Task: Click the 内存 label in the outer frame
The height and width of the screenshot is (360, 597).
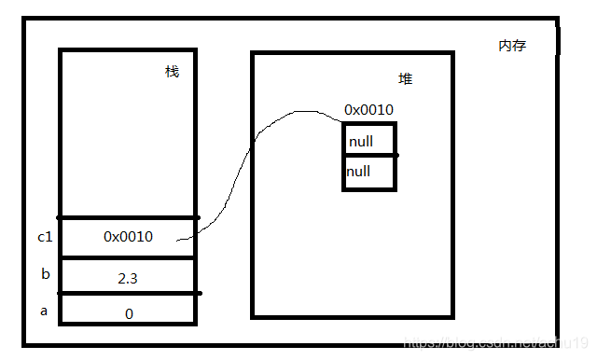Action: (x=512, y=45)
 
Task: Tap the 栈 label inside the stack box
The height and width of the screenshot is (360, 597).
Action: (x=172, y=72)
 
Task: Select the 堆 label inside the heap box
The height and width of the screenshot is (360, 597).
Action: (x=406, y=79)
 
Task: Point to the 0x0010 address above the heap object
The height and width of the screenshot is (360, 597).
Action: (x=368, y=110)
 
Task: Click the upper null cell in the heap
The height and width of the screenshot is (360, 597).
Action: (x=369, y=141)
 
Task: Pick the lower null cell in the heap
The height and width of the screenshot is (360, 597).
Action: (x=369, y=173)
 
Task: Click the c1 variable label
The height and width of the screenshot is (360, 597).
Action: (x=45, y=237)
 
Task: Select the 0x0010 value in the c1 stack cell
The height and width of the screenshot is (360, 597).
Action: (x=128, y=237)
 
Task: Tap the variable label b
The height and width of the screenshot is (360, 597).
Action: (x=44, y=273)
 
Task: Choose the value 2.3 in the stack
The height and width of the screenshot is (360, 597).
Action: (x=129, y=277)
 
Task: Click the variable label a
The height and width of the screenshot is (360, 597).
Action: (x=44, y=311)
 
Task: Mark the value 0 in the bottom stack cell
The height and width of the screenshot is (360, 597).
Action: (x=129, y=313)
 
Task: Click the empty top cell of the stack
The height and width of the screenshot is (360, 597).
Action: (x=128, y=131)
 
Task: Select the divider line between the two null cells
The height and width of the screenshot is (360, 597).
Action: (x=369, y=156)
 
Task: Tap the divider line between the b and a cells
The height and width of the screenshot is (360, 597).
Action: (x=128, y=293)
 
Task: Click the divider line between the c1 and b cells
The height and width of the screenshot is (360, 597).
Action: (x=128, y=258)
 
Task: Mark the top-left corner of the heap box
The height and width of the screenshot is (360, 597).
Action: (x=253, y=53)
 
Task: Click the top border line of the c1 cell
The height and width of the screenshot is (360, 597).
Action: (x=128, y=217)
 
